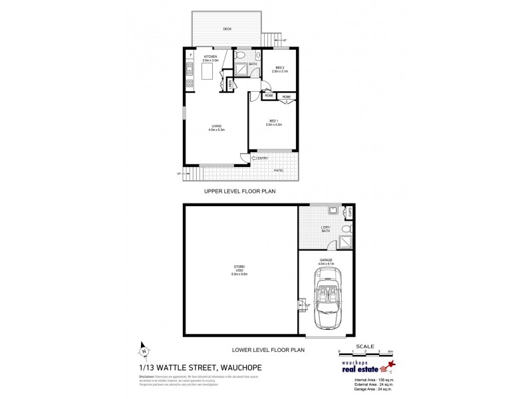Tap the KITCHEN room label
point(210,58)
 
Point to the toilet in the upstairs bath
point(245,55)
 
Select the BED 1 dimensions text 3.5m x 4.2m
point(273,124)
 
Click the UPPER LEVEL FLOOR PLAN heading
point(239,191)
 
